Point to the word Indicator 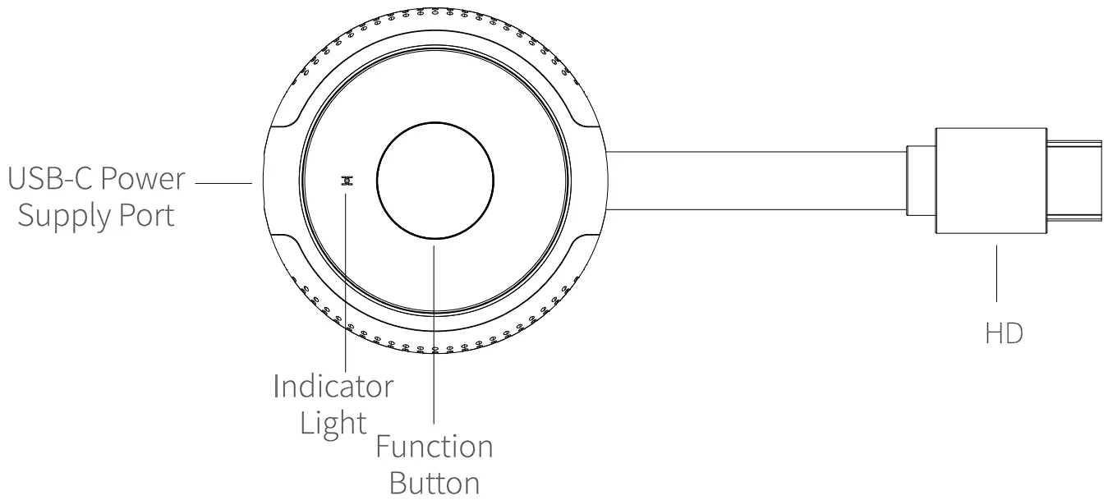pyautogui.click(x=333, y=386)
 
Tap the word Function pyautogui.click(x=434, y=447)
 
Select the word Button pyautogui.click(x=434, y=482)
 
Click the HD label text pyautogui.click(x=1004, y=334)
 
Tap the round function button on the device pyautogui.click(x=434, y=182)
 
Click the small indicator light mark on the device pyautogui.click(x=347, y=181)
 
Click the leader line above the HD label pyautogui.click(x=996, y=275)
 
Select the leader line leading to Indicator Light pyautogui.click(x=347, y=279)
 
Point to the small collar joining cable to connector pyautogui.click(x=920, y=183)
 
